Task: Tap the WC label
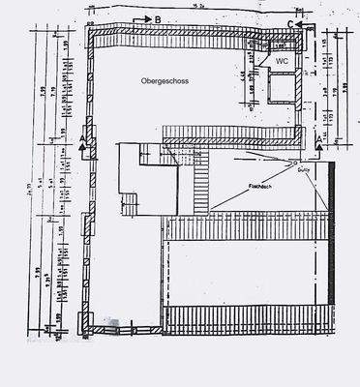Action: (x=282, y=60)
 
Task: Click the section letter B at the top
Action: (x=159, y=19)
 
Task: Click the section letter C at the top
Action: (x=289, y=19)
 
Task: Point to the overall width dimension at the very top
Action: (x=199, y=5)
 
